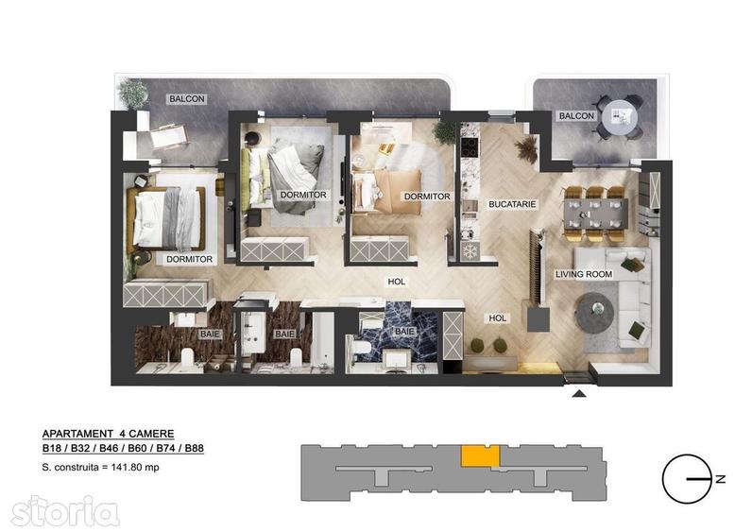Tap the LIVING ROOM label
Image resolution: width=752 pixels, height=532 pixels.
pos(583,274)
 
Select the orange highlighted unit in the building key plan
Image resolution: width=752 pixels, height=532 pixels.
pos(479,455)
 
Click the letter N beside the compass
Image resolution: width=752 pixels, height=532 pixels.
pos(722,480)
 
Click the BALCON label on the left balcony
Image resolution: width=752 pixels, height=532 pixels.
pos(186,98)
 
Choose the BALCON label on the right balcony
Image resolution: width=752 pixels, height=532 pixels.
pos(576,116)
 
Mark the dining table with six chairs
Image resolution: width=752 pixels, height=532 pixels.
pos(593,208)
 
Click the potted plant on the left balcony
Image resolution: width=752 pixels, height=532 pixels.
pos(133,93)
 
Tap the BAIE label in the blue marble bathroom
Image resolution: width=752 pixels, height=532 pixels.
pos(403,332)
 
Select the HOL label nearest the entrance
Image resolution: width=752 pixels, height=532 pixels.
pos(496,318)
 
